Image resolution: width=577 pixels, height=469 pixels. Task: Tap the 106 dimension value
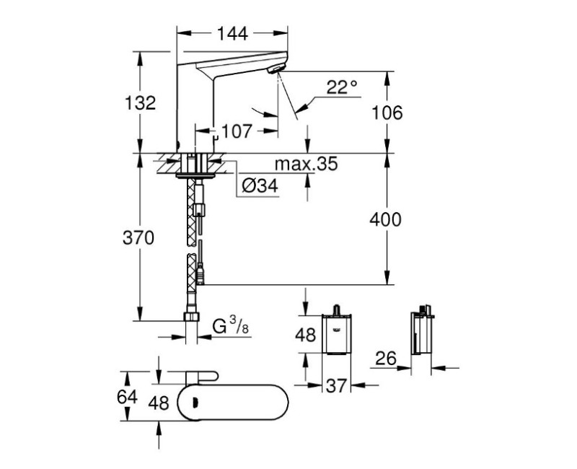click(x=387, y=112)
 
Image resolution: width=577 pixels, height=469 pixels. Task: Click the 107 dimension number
click(x=236, y=131)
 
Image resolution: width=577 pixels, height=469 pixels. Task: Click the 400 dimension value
click(x=387, y=219)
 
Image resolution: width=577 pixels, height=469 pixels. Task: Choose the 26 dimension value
click(x=387, y=359)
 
